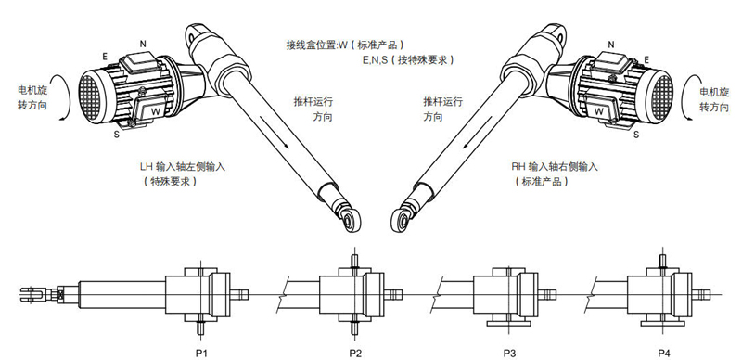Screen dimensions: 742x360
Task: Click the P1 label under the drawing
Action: [201, 353]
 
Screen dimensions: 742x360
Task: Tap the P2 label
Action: [355, 353]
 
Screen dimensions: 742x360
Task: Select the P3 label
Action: [509, 353]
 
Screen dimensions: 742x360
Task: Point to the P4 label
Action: [663, 353]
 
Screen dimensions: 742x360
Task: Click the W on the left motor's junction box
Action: [156, 111]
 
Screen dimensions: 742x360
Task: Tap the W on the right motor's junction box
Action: [598, 111]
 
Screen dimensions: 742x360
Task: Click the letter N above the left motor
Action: [143, 44]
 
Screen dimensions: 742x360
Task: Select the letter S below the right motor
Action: [636, 135]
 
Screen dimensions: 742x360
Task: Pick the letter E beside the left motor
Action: [105, 57]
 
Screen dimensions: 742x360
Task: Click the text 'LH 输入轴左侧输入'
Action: [182, 167]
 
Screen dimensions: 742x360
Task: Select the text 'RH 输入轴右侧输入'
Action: [555, 167]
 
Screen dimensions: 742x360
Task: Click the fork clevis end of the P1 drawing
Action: [34, 295]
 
